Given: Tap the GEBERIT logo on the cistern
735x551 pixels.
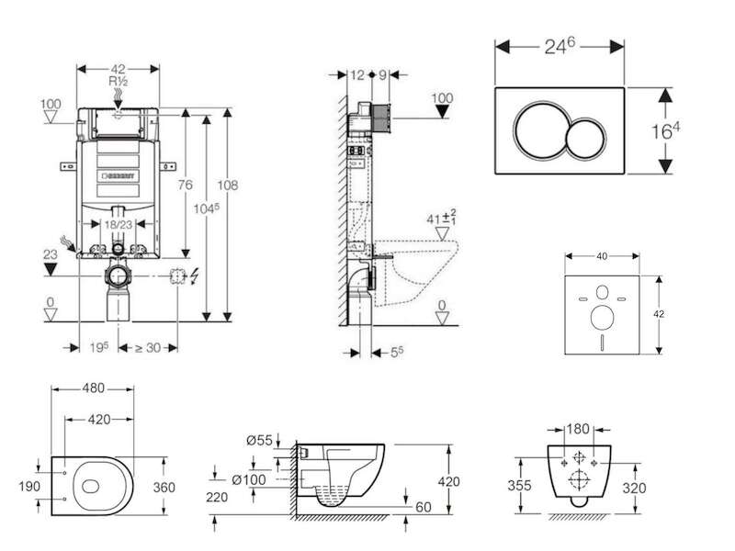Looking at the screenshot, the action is tap(119, 175).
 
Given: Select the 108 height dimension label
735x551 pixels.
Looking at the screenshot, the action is tap(227, 186).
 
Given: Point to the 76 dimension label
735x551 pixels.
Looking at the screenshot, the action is tap(186, 186).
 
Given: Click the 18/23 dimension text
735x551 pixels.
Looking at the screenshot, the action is tap(119, 224).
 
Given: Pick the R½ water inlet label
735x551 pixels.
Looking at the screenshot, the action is tap(119, 81).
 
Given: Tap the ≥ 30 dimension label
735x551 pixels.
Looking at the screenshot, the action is tap(148, 348).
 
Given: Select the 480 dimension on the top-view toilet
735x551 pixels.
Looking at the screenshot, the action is tap(94, 388).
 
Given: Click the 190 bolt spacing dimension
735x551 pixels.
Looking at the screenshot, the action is tap(29, 487).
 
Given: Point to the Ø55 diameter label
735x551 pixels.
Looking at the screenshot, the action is tap(259, 441).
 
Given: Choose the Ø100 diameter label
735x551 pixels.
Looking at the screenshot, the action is tap(249, 479).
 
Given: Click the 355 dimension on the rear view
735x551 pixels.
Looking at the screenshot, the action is tap(519, 485).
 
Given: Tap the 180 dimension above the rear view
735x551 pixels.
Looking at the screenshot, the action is tap(578, 429).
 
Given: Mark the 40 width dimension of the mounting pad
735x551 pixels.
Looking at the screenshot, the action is tap(602, 256).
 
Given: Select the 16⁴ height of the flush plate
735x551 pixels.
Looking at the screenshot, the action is tap(665, 131).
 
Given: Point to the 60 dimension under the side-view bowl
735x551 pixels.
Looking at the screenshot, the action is tap(424, 507).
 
